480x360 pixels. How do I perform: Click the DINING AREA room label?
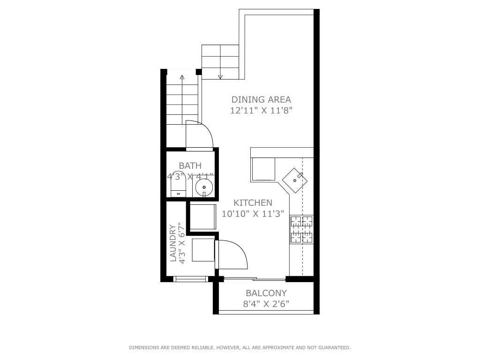[261, 99]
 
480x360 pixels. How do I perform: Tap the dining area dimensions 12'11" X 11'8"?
[262, 110]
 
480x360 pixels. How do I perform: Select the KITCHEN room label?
[253, 202]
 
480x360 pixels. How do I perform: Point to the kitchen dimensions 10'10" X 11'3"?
[253, 214]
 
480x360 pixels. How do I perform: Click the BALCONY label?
[266, 293]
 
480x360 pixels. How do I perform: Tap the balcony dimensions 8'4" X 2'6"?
[266, 304]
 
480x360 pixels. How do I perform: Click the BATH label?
[190, 165]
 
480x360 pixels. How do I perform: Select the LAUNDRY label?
[173, 243]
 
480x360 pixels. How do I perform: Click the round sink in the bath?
[204, 187]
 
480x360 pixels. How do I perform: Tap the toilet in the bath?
[178, 184]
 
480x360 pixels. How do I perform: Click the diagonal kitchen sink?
[295, 180]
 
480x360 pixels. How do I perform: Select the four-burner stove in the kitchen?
[301, 229]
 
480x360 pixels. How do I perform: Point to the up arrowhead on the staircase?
[182, 77]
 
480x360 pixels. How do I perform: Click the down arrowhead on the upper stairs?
[220, 77]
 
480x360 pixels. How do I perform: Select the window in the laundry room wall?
[190, 279]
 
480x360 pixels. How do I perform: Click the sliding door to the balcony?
[255, 278]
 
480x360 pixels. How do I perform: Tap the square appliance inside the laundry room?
[203, 250]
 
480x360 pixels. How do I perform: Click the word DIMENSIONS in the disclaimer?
[144, 347]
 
